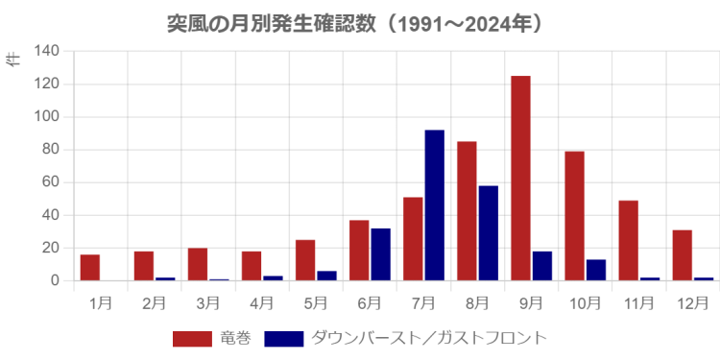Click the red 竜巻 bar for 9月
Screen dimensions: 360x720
point(520,178)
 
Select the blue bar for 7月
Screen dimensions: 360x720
point(434,205)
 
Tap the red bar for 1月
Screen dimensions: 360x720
point(90,267)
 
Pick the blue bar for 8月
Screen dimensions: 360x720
point(489,232)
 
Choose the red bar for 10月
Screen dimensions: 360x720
point(574,215)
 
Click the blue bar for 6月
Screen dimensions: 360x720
point(381,253)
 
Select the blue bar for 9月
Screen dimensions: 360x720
point(542,265)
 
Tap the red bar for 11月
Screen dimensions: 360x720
point(629,240)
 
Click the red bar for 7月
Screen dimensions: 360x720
point(413,238)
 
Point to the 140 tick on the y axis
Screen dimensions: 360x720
point(47,51)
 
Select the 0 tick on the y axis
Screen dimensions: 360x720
point(56,280)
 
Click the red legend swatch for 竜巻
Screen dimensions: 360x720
point(191,338)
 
